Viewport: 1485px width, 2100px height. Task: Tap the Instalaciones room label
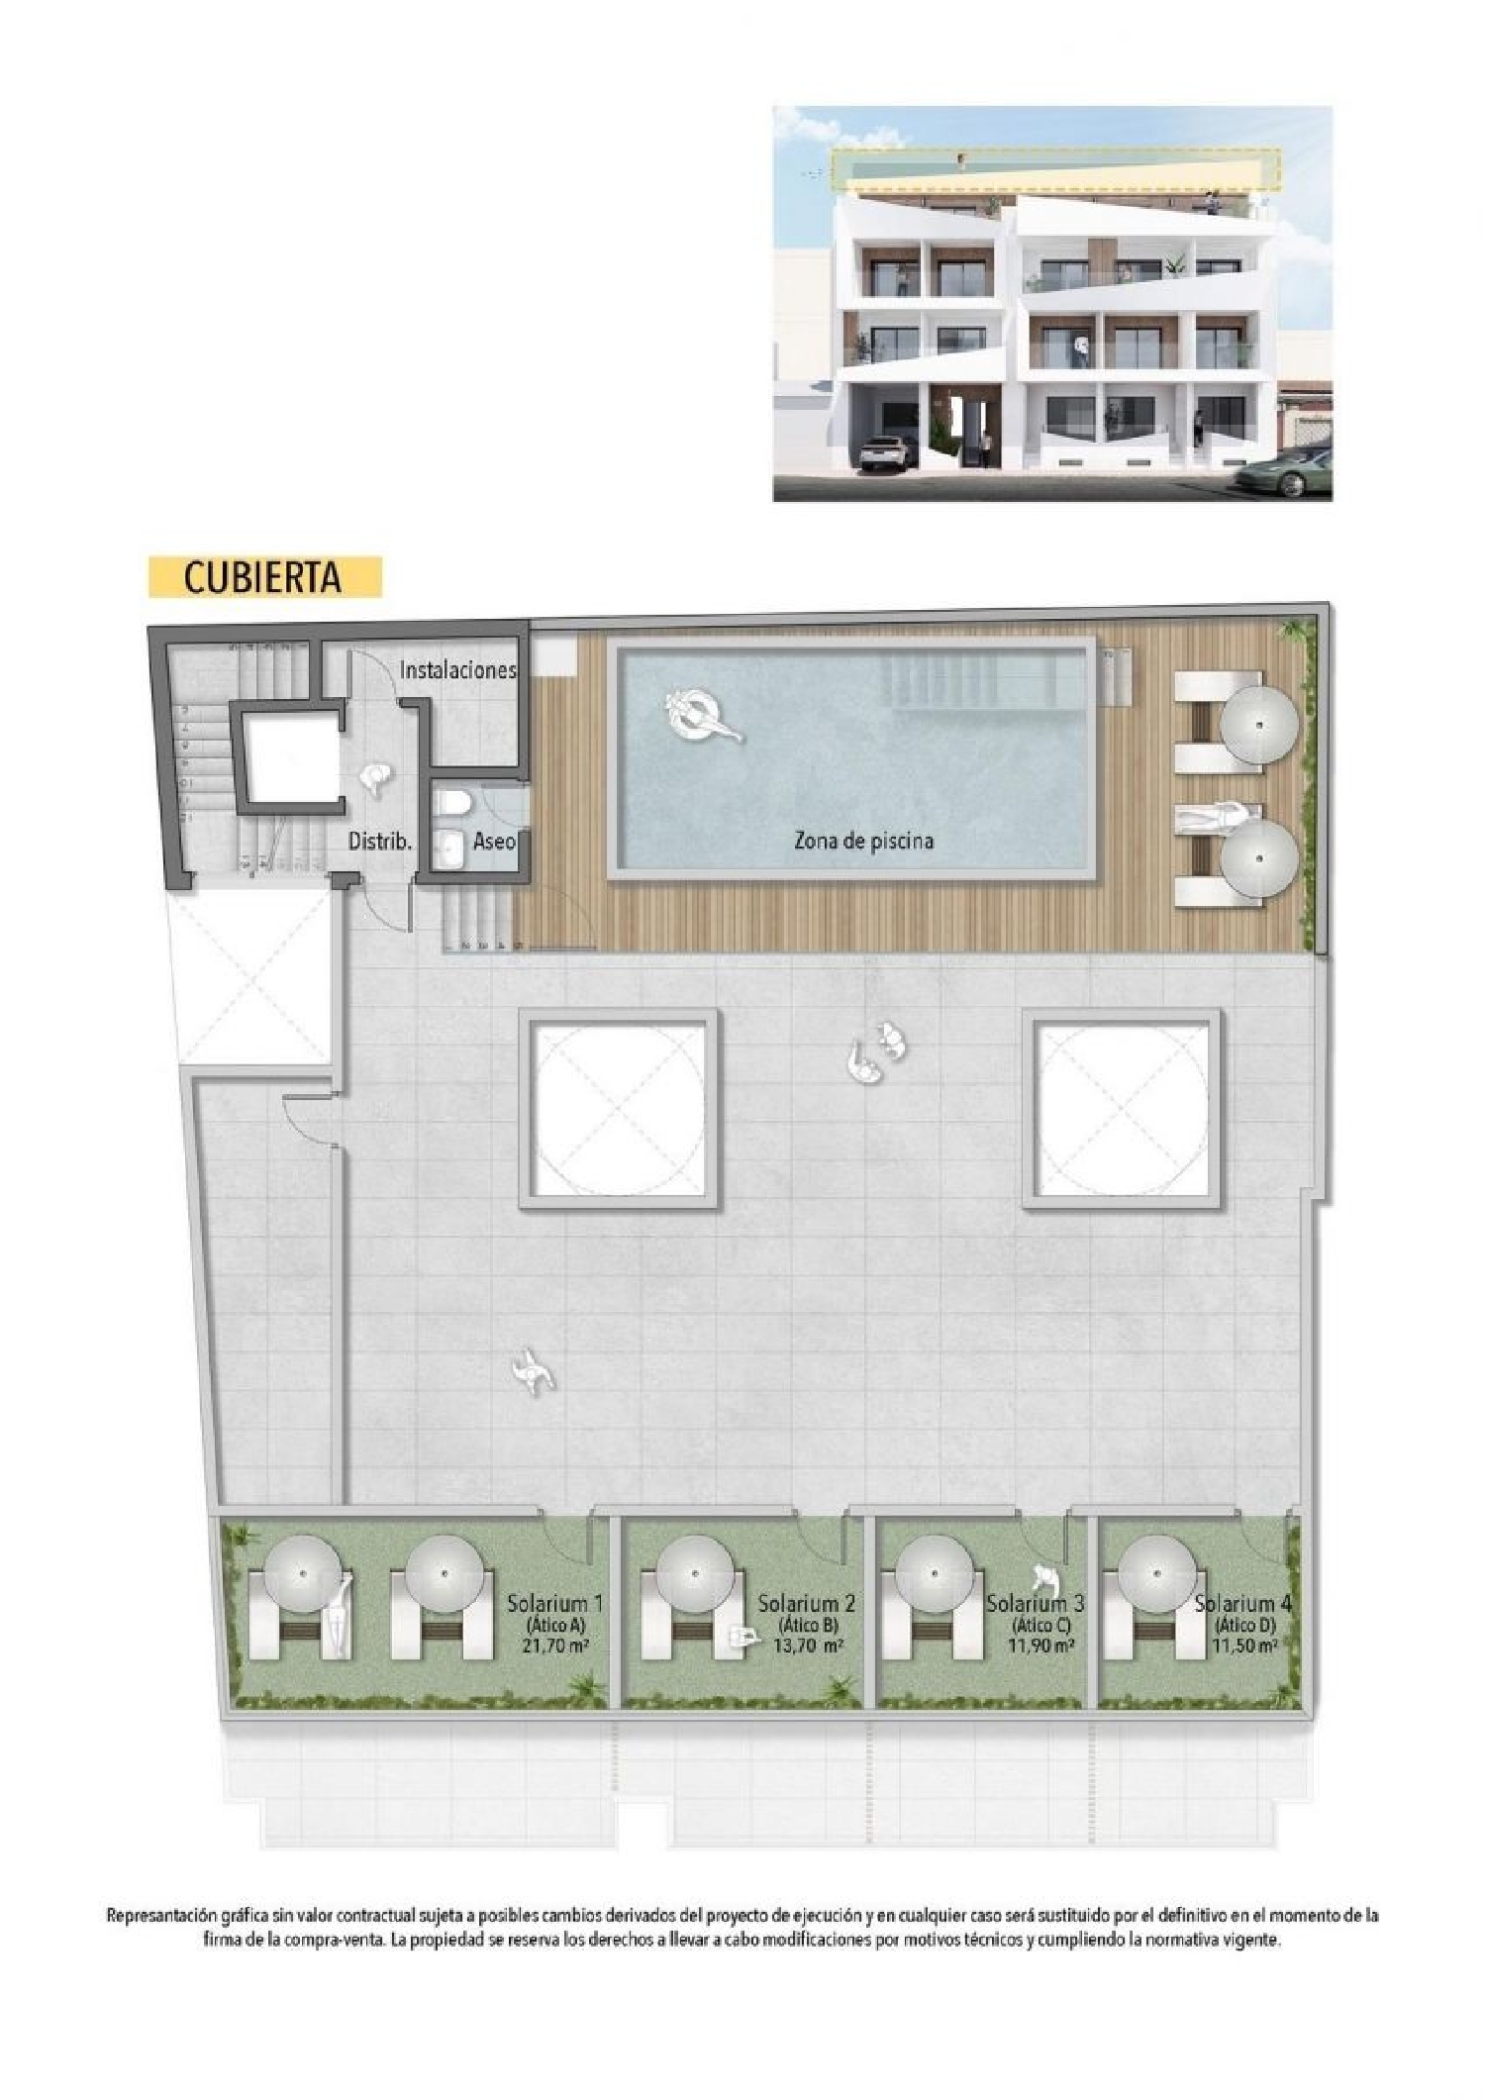tap(457, 670)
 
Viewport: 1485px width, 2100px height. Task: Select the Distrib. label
tap(379, 842)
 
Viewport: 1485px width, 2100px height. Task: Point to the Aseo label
tap(494, 842)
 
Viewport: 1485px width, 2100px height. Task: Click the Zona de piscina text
tap(863, 841)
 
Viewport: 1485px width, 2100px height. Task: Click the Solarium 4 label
tap(1242, 1603)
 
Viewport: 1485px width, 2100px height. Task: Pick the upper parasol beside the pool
tap(1258, 724)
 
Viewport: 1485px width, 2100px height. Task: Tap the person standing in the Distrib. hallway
tap(375, 780)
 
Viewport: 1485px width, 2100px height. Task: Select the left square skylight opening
tap(620, 1110)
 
